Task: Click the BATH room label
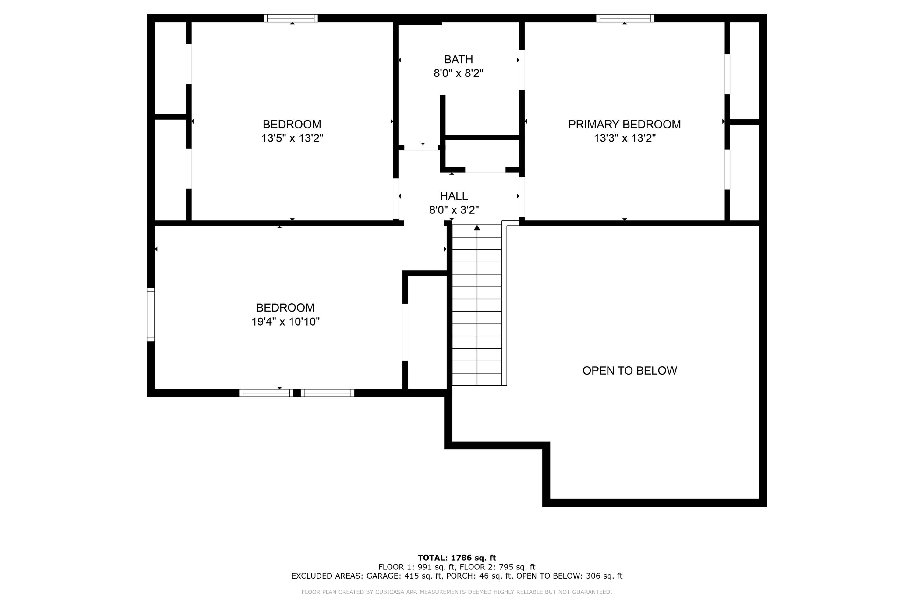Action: (458, 59)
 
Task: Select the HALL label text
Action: (454, 196)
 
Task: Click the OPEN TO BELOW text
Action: (629, 371)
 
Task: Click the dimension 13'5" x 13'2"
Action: (292, 138)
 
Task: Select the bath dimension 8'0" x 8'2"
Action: (458, 73)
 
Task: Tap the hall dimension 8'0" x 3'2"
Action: (454, 210)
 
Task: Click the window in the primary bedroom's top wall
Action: (625, 18)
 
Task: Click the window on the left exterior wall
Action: (151, 315)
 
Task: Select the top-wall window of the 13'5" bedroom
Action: (291, 18)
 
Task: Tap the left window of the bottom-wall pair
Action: (266, 393)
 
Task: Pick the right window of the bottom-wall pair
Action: (327, 393)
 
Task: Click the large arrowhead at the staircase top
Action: (477, 227)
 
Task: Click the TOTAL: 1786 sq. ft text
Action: (457, 558)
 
